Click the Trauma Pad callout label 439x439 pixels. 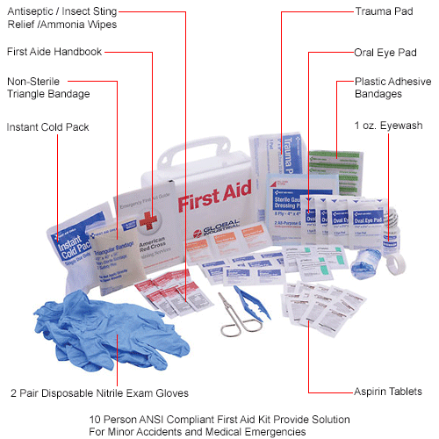click(x=387, y=12)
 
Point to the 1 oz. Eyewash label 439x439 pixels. click(x=388, y=126)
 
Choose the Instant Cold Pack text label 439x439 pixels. click(x=47, y=127)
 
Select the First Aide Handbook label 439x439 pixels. click(x=54, y=52)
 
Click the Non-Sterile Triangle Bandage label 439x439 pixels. click(x=48, y=87)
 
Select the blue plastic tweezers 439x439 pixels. click(x=251, y=299)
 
